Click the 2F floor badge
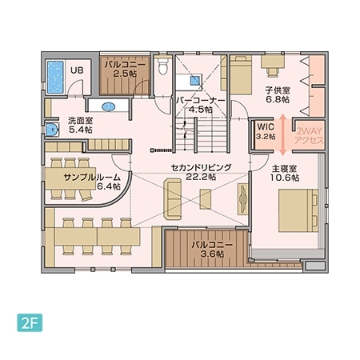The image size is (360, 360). point(30,326)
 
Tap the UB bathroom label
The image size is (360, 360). point(78,70)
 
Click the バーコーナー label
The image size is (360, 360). point(201,101)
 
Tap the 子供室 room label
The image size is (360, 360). point(277,91)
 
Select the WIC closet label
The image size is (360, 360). point(264,126)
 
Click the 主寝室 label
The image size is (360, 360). point(284,170)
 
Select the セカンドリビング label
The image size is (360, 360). point(200,167)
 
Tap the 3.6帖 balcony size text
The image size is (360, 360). point(212,254)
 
